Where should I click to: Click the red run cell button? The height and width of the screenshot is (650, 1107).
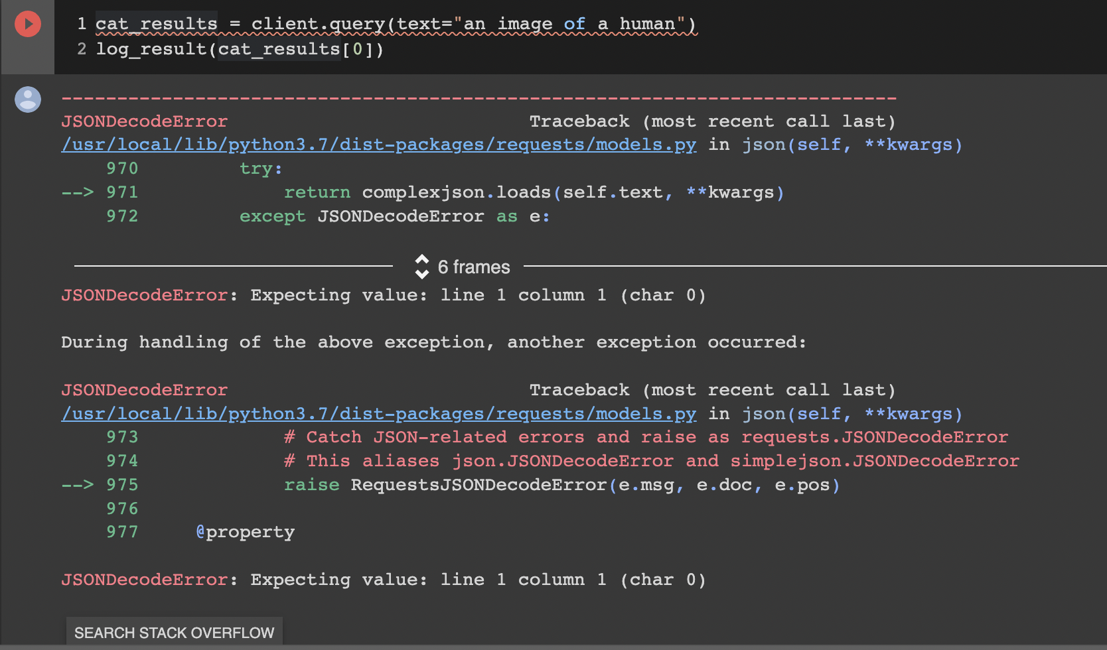(x=28, y=25)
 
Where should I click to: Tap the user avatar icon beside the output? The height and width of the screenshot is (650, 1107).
(x=28, y=99)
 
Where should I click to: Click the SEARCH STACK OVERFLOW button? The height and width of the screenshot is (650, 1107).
(x=174, y=633)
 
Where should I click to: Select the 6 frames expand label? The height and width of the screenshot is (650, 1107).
(x=474, y=267)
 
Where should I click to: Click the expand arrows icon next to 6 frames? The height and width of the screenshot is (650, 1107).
(x=422, y=267)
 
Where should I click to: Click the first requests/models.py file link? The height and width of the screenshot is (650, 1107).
(x=378, y=145)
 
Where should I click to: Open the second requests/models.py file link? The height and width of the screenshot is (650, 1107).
(x=378, y=414)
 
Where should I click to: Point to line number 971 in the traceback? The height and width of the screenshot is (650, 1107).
(x=122, y=192)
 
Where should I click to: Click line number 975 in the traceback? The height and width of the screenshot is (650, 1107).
(x=122, y=485)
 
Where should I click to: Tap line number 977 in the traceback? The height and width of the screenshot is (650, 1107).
(x=122, y=532)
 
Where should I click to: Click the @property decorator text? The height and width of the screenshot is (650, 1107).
(x=246, y=532)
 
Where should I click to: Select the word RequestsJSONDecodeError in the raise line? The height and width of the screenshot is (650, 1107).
(x=479, y=485)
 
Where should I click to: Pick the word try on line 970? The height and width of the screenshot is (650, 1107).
(x=256, y=168)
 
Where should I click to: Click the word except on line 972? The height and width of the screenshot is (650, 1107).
(x=272, y=216)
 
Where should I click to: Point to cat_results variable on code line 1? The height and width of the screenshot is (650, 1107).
(x=156, y=25)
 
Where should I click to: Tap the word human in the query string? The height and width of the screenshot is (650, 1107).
(x=646, y=25)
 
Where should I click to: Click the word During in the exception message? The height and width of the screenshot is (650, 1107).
(x=94, y=342)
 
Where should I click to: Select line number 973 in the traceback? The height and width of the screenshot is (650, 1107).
(x=122, y=437)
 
